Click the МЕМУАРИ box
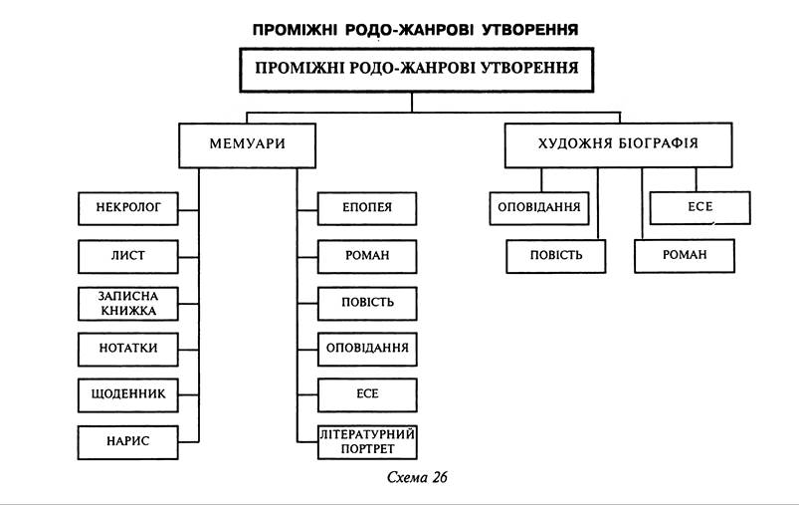pyautogui.click(x=248, y=143)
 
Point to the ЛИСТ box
pyautogui.click(x=128, y=255)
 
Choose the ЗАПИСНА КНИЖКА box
pyautogui.click(x=128, y=303)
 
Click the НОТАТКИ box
pyautogui.click(x=128, y=348)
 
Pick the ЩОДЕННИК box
pyautogui.click(x=128, y=394)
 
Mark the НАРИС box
pyautogui.click(x=128, y=441)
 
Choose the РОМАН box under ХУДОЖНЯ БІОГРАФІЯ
pyautogui.click(x=685, y=255)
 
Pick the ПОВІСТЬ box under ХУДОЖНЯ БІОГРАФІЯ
pyautogui.click(x=556, y=255)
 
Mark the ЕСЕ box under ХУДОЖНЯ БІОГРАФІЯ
pyautogui.click(x=699, y=208)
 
